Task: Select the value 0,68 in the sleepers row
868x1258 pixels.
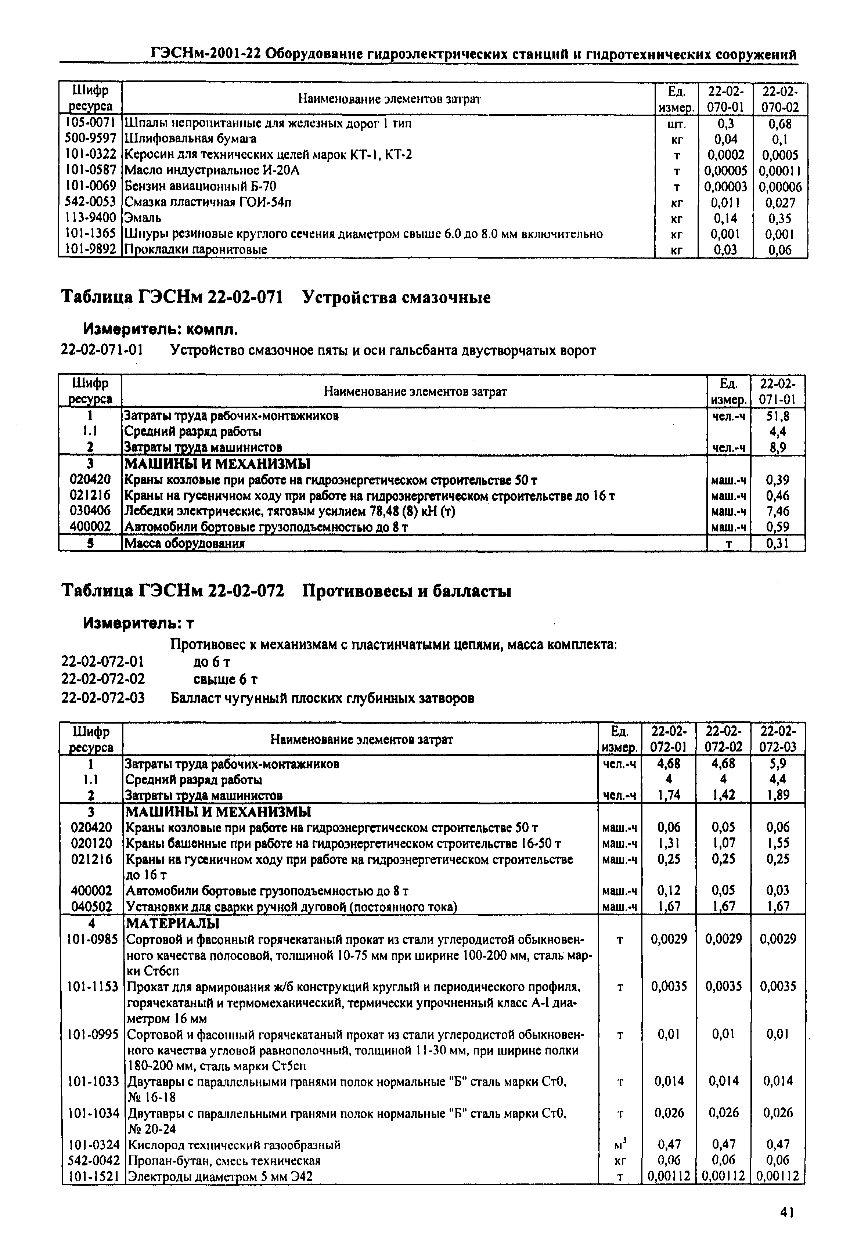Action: click(779, 124)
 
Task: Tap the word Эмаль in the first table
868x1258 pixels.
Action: click(143, 218)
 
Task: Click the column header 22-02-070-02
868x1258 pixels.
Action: click(780, 98)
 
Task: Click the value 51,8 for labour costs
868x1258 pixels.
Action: click(778, 417)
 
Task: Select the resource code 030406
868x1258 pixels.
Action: click(90, 511)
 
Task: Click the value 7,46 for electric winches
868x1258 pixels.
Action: click(778, 511)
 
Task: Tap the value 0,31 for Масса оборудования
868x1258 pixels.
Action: click(778, 543)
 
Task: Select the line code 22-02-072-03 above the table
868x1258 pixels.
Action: click(103, 698)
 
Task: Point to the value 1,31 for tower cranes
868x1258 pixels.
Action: click(669, 843)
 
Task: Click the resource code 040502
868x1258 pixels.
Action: click(91, 906)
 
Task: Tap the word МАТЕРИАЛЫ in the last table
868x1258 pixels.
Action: click(172, 923)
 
